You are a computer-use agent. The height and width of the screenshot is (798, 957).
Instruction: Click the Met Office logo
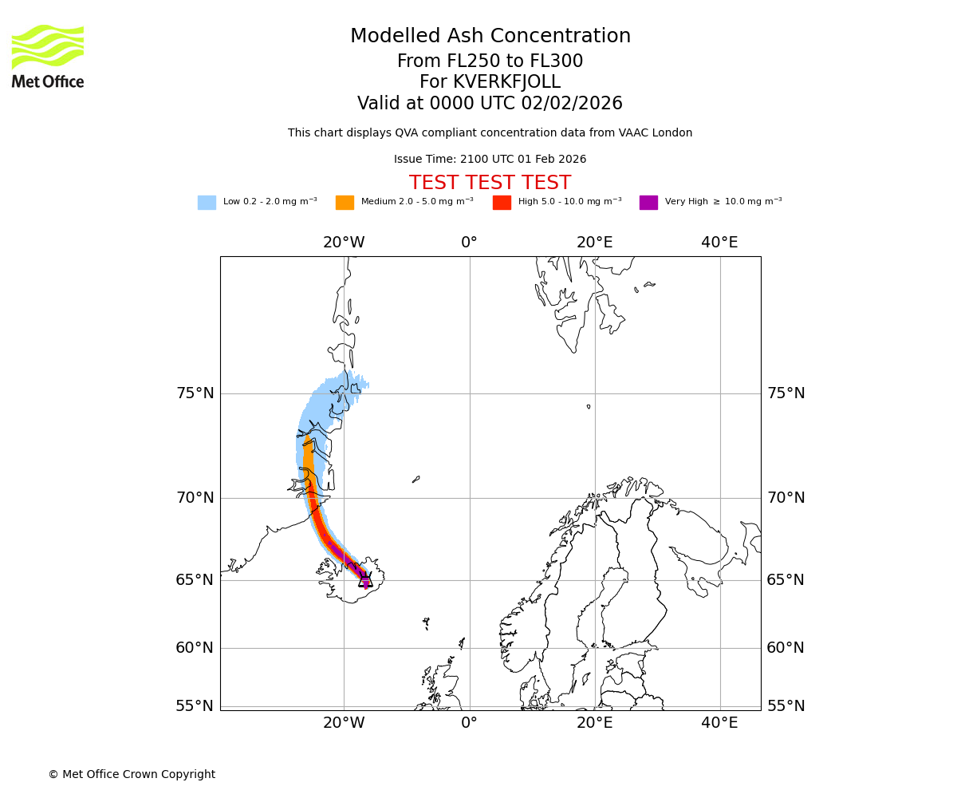[48, 56]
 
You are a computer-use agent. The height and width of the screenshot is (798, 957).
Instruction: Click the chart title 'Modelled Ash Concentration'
[490, 37]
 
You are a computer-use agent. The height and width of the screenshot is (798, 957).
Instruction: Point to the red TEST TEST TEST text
[490, 184]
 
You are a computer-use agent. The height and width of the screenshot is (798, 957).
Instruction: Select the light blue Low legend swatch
[207, 203]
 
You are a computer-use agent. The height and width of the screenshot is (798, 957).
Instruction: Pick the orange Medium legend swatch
[345, 203]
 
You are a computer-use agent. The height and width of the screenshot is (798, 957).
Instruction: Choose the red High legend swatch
[502, 203]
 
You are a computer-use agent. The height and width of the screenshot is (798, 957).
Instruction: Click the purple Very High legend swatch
[648, 203]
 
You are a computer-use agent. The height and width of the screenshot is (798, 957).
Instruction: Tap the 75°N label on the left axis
[195, 393]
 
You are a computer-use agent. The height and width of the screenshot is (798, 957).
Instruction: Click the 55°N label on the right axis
[786, 706]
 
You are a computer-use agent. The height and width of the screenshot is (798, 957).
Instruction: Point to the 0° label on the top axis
[469, 243]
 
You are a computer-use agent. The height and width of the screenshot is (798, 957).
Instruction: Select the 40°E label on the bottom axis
[719, 723]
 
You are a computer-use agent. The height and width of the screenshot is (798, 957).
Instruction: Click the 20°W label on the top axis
[344, 243]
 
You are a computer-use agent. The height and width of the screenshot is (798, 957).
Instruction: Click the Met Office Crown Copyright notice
[132, 775]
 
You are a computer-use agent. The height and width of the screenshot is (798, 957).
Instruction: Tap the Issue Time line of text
[490, 160]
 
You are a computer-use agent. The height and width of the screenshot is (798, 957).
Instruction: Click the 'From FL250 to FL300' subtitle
[490, 61]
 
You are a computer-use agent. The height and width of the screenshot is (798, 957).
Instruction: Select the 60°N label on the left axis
[195, 648]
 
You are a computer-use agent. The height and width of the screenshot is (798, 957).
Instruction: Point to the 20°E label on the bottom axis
[594, 723]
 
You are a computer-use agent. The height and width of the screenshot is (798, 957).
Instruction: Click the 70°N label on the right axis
[786, 498]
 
